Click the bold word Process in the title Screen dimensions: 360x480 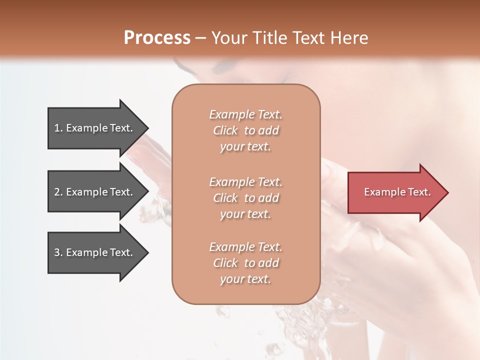(157, 38)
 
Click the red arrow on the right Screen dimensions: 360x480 (395, 192)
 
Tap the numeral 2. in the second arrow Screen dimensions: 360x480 (58, 192)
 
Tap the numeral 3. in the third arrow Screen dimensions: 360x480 (58, 252)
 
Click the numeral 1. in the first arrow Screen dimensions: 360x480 (58, 128)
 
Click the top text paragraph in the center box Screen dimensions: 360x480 (245, 130)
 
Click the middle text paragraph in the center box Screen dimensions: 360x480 (245, 197)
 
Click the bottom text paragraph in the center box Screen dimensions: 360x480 (245, 263)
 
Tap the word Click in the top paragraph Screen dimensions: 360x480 (225, 130)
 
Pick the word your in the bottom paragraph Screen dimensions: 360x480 (231, 279)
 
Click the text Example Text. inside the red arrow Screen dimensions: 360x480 (397, 192)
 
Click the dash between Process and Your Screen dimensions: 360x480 (200, 38)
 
